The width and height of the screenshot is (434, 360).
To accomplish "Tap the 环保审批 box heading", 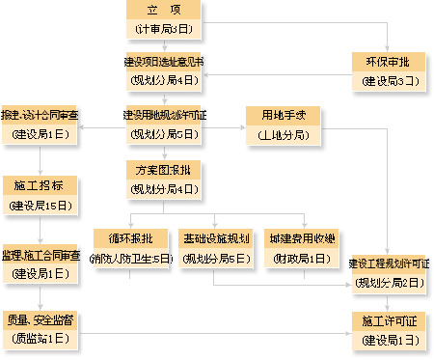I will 390,60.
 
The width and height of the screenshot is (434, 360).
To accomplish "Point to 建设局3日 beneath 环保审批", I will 390,79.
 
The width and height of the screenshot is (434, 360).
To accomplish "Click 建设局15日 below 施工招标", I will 40,205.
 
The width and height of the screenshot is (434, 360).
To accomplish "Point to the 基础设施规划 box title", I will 216,238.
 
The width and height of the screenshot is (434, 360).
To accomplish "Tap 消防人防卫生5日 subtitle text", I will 131,258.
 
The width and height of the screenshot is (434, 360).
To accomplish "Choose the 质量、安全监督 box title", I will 40,318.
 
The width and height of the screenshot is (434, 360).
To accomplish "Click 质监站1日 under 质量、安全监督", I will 40,337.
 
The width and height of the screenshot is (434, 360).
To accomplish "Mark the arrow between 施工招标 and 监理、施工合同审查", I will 40,229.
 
